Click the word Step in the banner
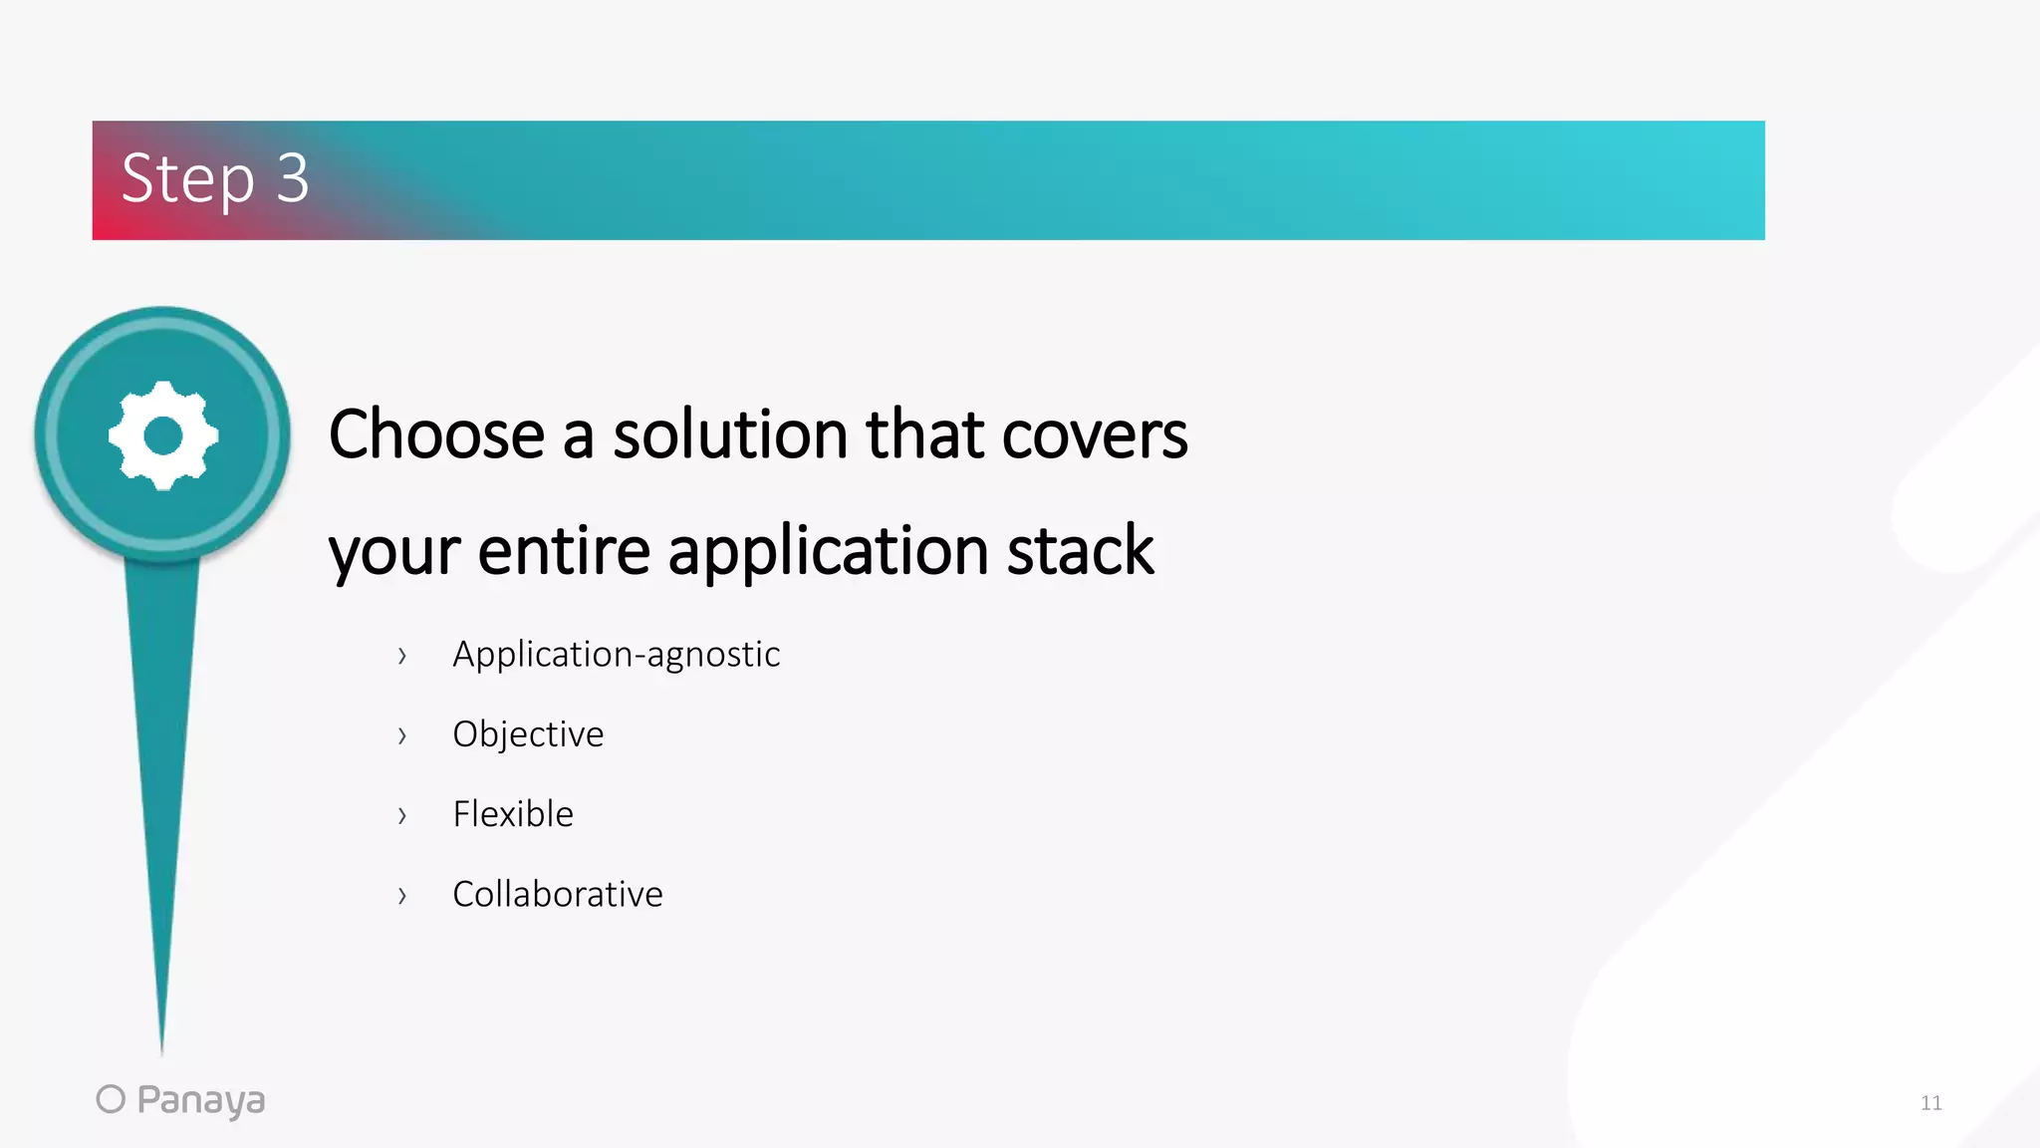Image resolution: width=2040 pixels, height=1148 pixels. [187, 179]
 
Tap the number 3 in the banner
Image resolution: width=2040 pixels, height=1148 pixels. [292, 178]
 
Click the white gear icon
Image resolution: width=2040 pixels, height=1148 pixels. [163, 435]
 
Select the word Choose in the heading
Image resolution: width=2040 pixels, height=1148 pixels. [436, 434]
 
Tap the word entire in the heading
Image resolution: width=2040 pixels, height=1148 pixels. [564, 550]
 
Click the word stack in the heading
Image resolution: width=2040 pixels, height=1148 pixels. [1080, 550]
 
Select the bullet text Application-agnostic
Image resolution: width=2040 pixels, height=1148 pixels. [616, 655]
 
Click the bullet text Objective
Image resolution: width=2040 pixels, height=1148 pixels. [528, 734]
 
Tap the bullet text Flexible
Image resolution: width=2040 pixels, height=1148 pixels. [513, 814]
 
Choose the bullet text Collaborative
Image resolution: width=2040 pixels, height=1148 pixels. [557, 894]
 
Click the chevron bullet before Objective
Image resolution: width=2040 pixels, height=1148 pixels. [401, 736]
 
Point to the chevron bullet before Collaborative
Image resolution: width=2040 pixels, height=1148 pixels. [401, 896]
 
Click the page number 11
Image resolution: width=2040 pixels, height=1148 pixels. [1930, 1102]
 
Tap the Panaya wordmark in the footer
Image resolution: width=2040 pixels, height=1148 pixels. [200, 1100]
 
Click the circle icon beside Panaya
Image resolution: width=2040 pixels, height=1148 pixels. [111, 1098]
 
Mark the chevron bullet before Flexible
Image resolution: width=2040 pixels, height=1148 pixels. [401, 816]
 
